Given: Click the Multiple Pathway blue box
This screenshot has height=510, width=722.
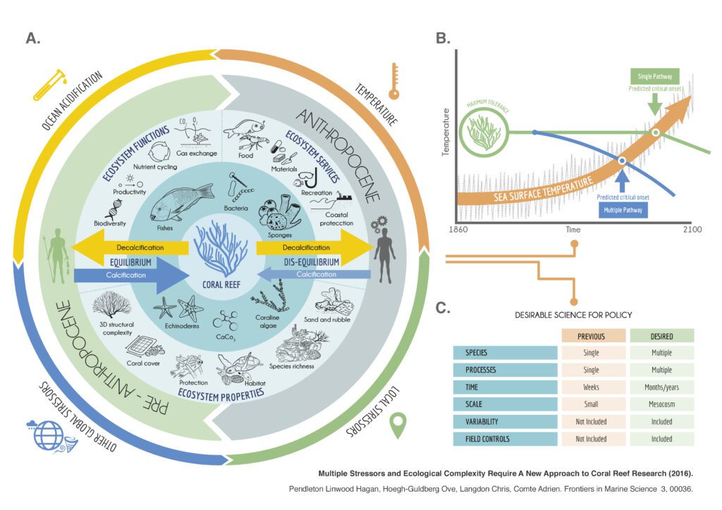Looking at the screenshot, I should coord(620,209).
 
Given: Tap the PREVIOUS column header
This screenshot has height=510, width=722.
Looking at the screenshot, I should coord(592,335).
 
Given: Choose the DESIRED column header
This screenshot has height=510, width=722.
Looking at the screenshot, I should coord(661,335).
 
